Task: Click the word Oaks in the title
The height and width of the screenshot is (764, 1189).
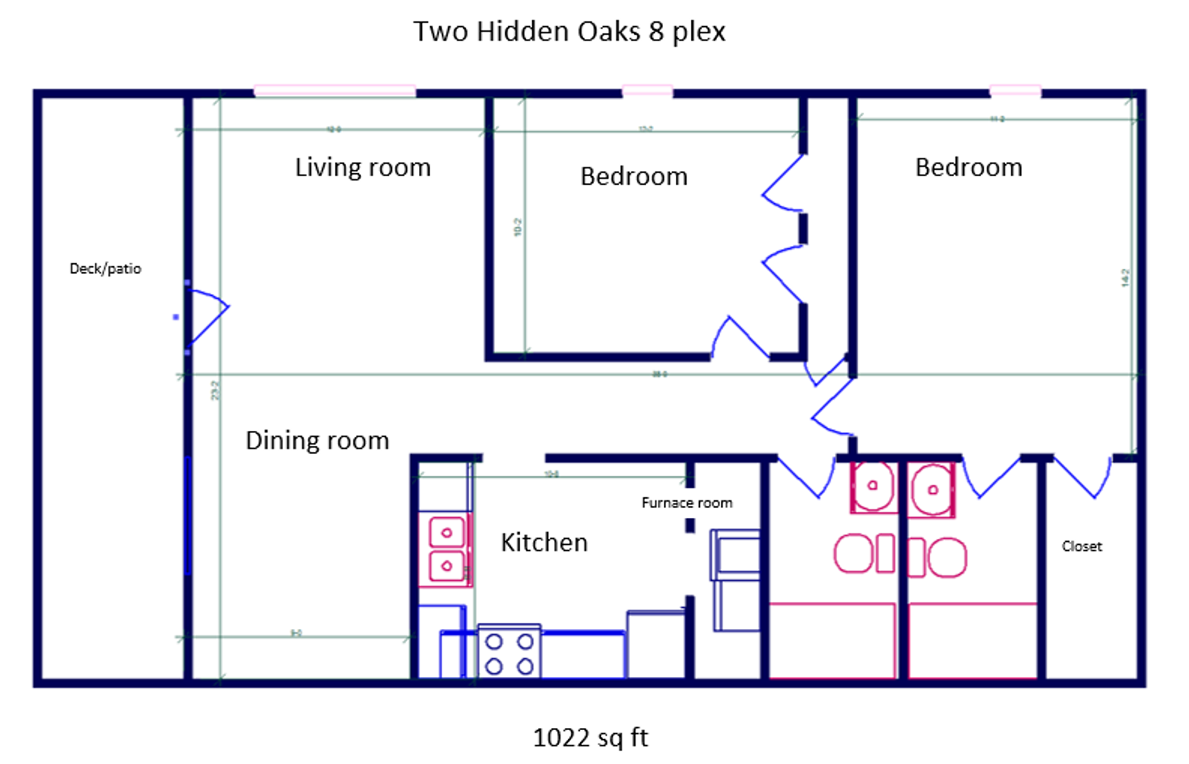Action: coord(609,32)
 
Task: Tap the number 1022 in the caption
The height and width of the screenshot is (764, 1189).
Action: coord(561,738)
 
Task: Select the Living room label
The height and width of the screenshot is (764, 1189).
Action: coord(362,168)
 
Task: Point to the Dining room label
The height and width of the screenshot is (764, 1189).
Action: coord(317,441)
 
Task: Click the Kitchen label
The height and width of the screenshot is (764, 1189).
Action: coord(544,543)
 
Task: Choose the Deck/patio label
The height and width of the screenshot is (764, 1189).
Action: coord(105,269)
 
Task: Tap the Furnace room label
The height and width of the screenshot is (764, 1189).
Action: coord(687,503)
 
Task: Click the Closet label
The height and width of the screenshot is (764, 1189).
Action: coord(1081,546)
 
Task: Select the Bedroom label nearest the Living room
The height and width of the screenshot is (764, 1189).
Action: coord(633,176)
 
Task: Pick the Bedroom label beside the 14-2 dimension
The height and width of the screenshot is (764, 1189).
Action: coord(968,168)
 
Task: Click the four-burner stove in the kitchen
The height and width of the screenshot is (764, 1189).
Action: coord(510,652)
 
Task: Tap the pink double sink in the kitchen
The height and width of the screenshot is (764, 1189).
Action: coord(446,550)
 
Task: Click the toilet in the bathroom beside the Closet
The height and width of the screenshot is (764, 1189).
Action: coord(938,557)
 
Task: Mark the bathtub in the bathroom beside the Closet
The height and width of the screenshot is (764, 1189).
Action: coord(972,640)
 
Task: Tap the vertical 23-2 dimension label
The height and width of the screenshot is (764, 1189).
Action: coord(215,390)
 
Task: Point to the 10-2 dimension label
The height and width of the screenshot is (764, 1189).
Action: coord(518,227)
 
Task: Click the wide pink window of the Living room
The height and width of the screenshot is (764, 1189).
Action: coord(334,91)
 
